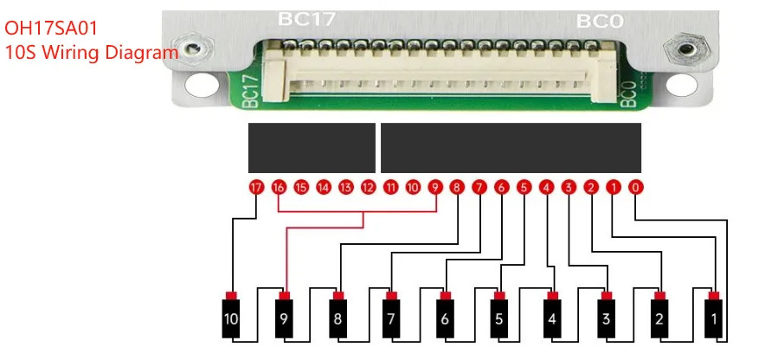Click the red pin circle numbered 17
coord(255,187)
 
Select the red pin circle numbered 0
coord(636,187)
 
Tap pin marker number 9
coord(434,187)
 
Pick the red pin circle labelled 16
coord(278,187)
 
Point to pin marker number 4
coord(546,187)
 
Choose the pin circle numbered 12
coord(368,187)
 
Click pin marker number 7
coord(479,187)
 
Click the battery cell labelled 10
coord(230,319)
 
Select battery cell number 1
coord(714,319)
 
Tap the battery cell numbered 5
coord(498,319)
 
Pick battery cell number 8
coord(338,319)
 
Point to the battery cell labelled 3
coord(607,319)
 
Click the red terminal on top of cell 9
coord(284,296)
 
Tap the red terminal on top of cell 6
coord(445,296)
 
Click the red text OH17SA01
coord(51,29)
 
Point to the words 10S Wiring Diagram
coord(91,52)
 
